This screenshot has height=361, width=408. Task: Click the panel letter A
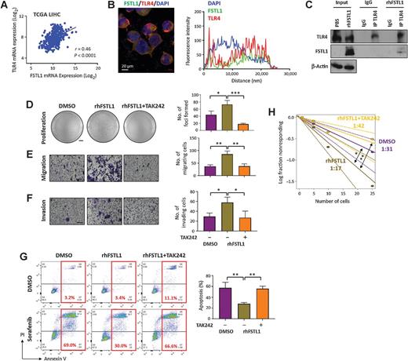5,7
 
